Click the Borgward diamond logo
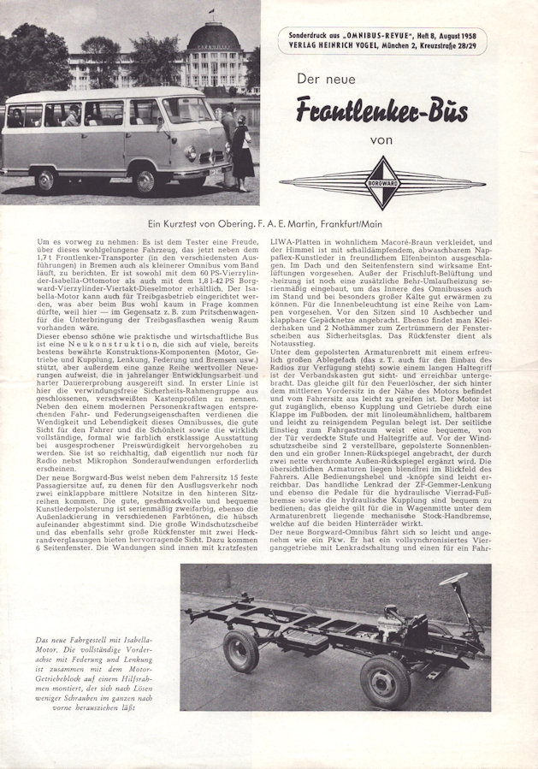click(381, 183)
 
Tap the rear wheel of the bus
click(46, 180)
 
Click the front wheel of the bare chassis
click(383, 679)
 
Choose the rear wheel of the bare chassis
click(241, 650)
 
